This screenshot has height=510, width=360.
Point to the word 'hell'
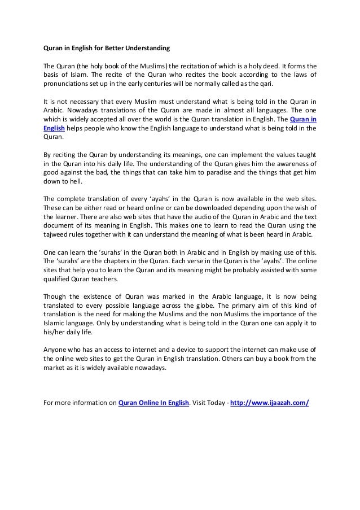(x=75, y=182)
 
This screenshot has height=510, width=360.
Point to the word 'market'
(x=55, y=367)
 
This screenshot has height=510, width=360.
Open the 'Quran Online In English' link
(x=153, y=403)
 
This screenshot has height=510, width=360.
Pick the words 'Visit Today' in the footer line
(x=209, y=403)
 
